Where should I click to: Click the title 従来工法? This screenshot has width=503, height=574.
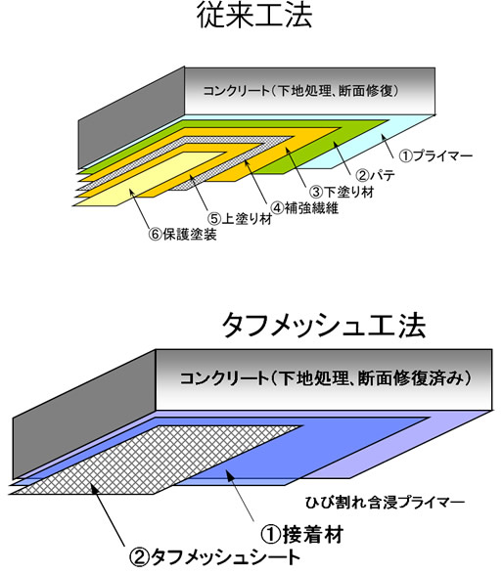[254, 15]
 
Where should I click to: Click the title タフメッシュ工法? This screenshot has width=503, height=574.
[324, 326]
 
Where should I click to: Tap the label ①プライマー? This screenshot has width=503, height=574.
[435, 156]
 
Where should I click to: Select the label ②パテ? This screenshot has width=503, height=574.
[375, 176]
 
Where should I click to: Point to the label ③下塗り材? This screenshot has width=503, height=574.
[342, 192]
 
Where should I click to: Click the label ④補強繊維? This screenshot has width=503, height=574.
[304, 208]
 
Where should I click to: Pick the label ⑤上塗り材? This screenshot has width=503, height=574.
[240, 219]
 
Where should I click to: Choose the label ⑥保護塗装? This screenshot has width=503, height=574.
[182, 235]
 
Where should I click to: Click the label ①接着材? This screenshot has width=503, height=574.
[301, 534]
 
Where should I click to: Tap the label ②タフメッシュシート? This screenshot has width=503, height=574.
[214, 558]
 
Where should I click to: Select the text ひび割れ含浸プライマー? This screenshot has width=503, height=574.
[385, 503]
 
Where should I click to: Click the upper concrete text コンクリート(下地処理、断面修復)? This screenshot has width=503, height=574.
[300, 91]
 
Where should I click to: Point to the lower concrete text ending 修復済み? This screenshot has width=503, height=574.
[325, 378]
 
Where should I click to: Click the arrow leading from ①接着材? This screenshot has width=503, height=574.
[240, 496]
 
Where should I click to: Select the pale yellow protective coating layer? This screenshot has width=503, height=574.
[147, 179]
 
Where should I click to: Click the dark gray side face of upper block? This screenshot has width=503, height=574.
[131, 118]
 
